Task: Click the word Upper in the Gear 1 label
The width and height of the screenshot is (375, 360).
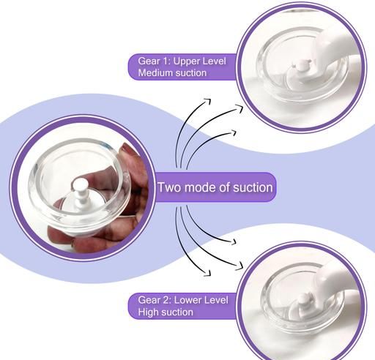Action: tap(187, 61)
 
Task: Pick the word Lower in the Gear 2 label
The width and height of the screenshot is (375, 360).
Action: tap(187, 300)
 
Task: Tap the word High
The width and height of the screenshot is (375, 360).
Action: tap(148, 312)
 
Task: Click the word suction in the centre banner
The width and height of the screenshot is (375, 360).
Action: tap(253, 187)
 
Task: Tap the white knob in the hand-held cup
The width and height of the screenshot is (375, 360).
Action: tap(80, 189)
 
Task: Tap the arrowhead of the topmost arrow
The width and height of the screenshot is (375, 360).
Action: tap(208, 101)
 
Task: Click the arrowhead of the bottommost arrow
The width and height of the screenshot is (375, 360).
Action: tap(208, 273)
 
